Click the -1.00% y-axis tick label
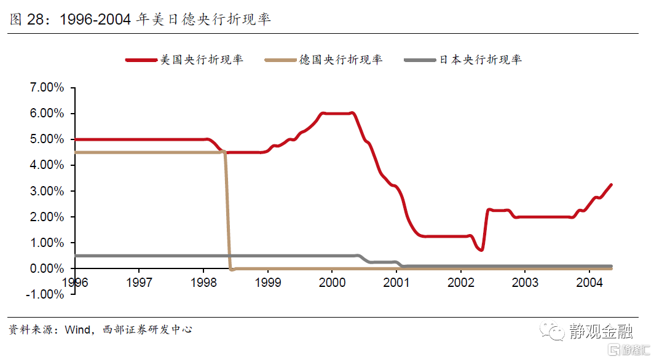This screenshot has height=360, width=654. [x=45, y=294]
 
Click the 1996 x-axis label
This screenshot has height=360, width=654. [x=74, y=283]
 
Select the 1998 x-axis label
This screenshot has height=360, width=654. [x=203, y=283]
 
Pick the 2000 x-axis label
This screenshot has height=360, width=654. [x=332, y=283]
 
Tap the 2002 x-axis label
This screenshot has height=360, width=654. [x=460, y=283]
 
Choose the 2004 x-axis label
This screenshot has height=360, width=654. [x=589, y=283]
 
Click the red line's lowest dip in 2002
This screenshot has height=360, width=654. [x=481, y=249]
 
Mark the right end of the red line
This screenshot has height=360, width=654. [x=611, y=184]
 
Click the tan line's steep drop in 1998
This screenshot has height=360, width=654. [x=227, y=209]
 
